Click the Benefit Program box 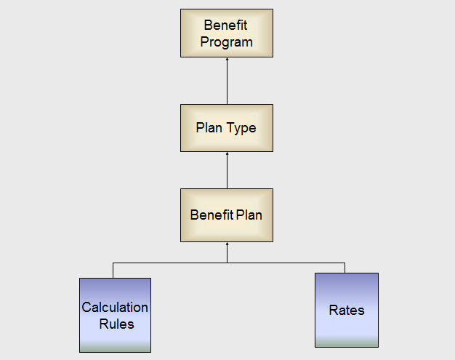click(x=227, y=33)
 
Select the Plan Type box click(x=227, y=128)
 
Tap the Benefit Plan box click(x=227, y=215)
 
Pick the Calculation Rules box click(x=115, y=315)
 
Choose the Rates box click(x=347, y=310)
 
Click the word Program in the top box click(x=227, y=41)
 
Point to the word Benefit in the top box click(x=225, y=25)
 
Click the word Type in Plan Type click(x=242, y=128)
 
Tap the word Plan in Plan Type click(x=209, y=128)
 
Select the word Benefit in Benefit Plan click(x=212, y=215)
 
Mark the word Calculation click(x=115, y=308)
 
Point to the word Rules click(x=116, y=324)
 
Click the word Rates click(x=347, y=311)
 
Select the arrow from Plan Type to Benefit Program click(x=227, y=81)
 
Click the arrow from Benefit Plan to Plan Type click(x=227, y=171)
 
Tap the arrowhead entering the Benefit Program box click(x=227, y=60)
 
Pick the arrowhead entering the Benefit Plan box click(x=227, y=244)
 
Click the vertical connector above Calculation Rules click(x=113, y=270)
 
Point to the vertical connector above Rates click(x=345, y=267)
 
